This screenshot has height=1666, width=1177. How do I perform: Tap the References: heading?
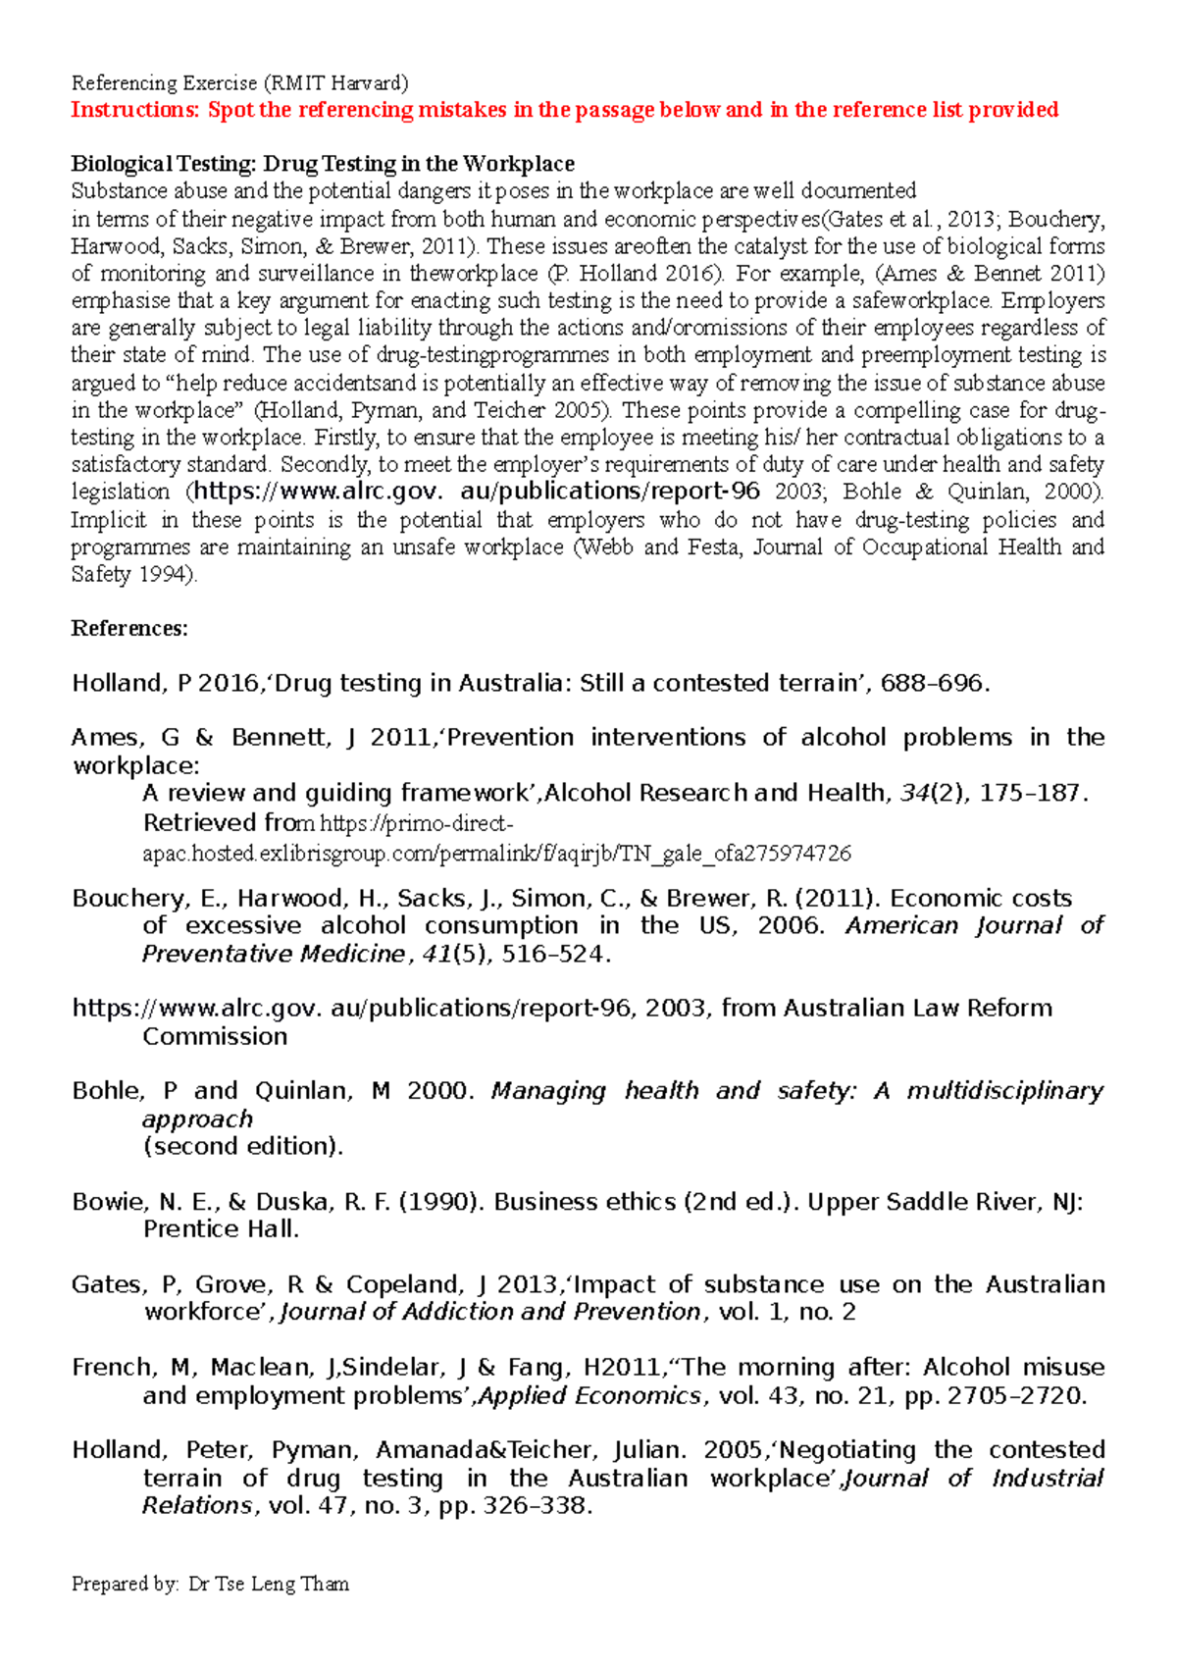point(129,629)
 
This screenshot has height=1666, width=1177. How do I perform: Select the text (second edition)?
point(243,1147)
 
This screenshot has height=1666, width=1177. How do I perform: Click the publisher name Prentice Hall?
point(221,1229)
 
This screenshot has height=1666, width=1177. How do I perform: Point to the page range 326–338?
point(537,1506)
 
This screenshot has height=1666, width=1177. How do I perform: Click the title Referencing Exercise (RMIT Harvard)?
point(239,83)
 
